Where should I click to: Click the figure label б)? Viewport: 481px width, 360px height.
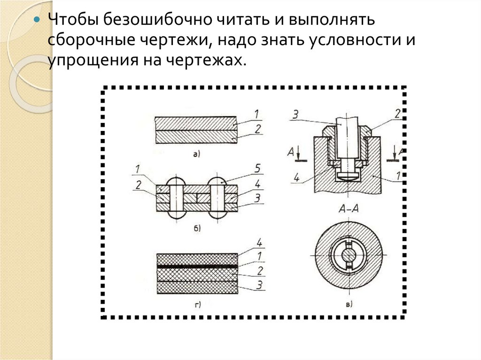(x=197, y=229)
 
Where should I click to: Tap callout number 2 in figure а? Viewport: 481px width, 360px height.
(x=257, y=128)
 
